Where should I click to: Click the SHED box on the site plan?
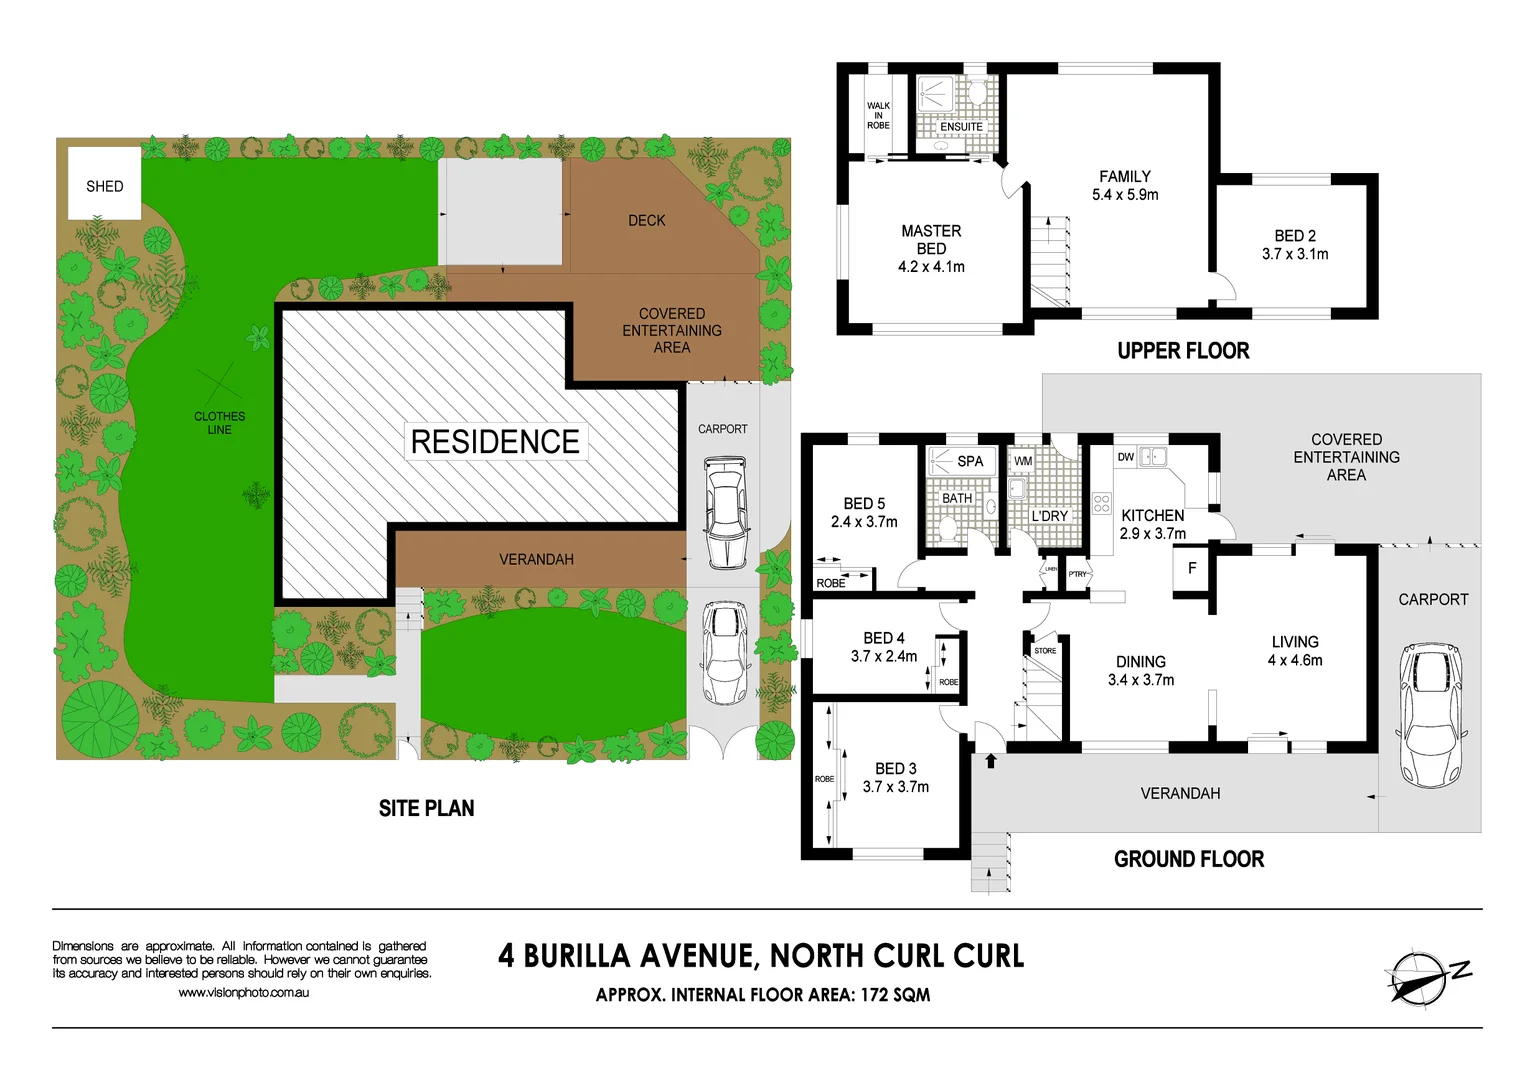click(x=104, y=184)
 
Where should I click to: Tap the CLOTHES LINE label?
click(x=219, y=423)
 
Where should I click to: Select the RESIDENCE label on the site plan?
click(x=495, y=441)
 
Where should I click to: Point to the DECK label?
click(x=646, y=220)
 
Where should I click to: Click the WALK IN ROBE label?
click(x=878, y=115)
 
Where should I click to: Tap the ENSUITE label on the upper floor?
click(x=961, y=127)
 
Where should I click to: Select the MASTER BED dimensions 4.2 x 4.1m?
click(x=931, y=267)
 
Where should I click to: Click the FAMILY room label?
click(x=1125, y=176)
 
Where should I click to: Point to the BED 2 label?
click(x=1295, y=236)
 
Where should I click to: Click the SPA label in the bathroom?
click(x=970, y=461)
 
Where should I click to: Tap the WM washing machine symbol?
click(x=1023, y=461)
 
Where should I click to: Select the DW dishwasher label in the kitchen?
click(x=1126, y=457)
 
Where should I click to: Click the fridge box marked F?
click(x=1192, y=568)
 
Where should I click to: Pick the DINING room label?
click(x=1141, y=662)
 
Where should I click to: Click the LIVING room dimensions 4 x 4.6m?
click(x=1295, y=661)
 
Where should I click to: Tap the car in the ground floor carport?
click(x=1433, y=712)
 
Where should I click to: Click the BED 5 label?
click(x=864, y=504)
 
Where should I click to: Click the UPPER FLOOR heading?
click(x=1183, y=351)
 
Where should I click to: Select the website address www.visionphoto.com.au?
click(x=244, y=993)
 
